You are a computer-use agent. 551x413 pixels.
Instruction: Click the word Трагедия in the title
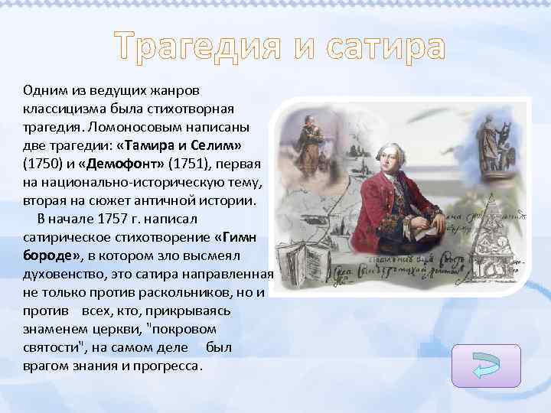coord(197,47)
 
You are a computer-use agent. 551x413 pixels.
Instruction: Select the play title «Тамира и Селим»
coord(193,145)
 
